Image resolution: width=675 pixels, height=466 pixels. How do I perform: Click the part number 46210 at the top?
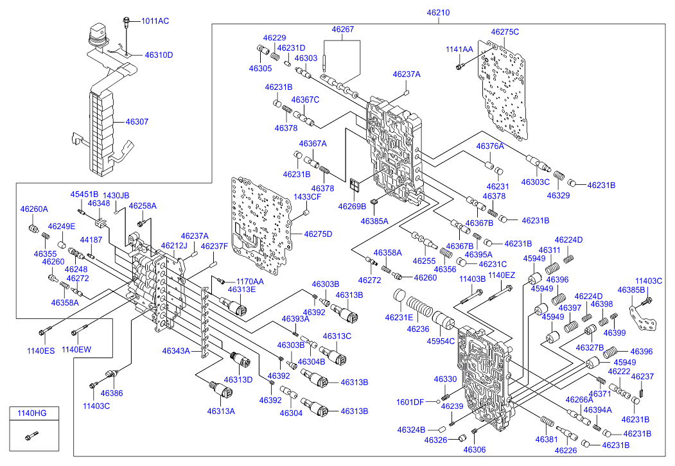(439, 12)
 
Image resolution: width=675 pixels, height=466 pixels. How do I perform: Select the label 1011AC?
(155, 21)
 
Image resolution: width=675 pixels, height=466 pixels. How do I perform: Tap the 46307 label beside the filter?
(137, 121)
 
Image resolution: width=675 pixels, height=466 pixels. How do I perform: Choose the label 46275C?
(505, 31)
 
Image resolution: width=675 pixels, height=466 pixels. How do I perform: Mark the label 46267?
(343, 29)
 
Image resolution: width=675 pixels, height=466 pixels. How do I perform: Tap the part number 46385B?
(631, 289)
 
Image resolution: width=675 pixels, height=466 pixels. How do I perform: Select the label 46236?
(417, 329)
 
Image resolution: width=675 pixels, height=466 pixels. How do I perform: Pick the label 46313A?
(221, 411)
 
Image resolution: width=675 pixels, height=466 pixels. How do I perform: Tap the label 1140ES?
(41, 350)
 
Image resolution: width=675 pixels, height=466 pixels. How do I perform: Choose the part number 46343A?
(176, 351)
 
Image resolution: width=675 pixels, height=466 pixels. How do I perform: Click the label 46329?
(558, 194)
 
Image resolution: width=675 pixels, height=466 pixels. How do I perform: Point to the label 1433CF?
(306, 196)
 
